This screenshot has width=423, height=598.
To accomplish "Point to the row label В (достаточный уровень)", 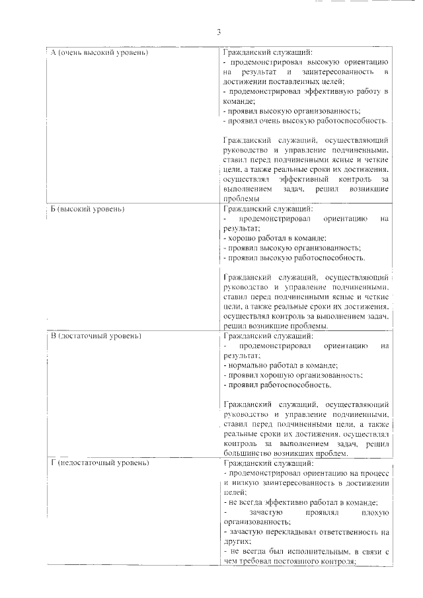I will (96, 336).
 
